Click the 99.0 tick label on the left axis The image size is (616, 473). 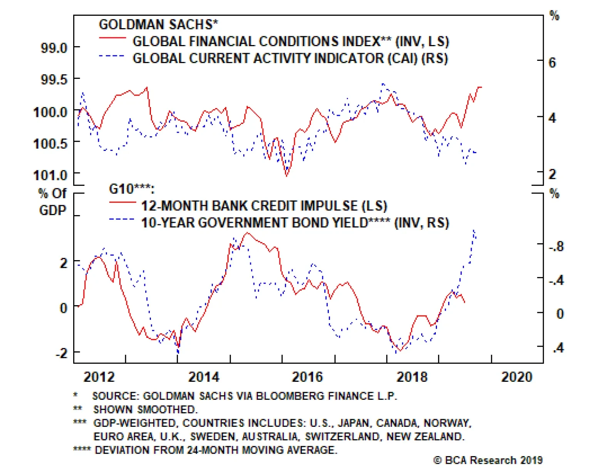click(54, 48)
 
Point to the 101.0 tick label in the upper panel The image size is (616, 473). click(50, 175)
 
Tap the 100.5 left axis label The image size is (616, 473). click(50, 144)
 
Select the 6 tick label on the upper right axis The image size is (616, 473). click(552, 63)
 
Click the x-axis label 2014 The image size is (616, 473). click(204, 377)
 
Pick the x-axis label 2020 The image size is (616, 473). click(516, 377)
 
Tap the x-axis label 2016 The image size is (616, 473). click(307, 377)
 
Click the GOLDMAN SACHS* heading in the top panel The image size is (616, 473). click(158, 25)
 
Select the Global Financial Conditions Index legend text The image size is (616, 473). click(291, 42)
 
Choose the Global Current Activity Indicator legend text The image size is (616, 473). click(290, 58)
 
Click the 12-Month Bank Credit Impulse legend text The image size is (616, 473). click(264, 206)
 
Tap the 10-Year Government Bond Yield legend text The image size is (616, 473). click(295, 223)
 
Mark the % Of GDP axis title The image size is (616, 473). click(53, 202)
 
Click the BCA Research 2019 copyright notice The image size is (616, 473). click(488, 460)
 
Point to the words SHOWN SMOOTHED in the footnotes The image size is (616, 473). click(145, 409)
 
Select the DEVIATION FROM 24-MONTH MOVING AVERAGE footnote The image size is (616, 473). click(216, 450)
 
